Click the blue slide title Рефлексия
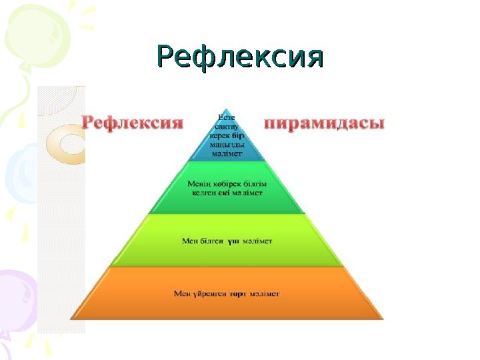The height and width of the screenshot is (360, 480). click(x=239, y=57)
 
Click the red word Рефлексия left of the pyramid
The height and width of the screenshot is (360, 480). click(x=132, y=123)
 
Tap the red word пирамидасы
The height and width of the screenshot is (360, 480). click(x=325, y=124)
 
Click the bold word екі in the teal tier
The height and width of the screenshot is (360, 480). click(x=227, y=191)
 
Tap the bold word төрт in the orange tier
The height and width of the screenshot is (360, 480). click(x=239, y=293)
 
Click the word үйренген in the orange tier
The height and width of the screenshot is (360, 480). click(x=208, y=293)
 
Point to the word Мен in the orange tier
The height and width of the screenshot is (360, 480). click(x=181, y=293)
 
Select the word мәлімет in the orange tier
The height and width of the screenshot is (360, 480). click(x=265, y=293)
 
